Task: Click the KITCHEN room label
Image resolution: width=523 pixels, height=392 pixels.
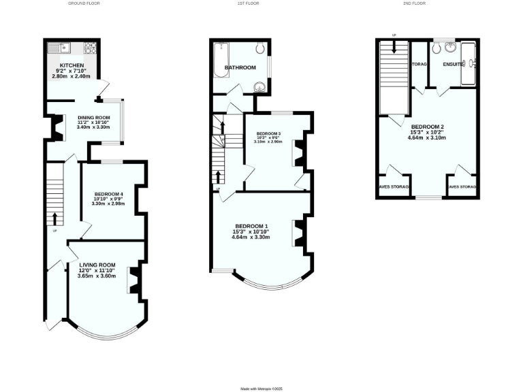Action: click(x=72, y=65)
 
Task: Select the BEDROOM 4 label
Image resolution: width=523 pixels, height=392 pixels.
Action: click(x=108, y=193)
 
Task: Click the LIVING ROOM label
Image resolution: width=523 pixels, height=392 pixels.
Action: click(x=97, y=265)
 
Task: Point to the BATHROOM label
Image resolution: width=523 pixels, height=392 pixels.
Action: click(x=240, y=67)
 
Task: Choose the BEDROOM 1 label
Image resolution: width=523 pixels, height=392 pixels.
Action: click(x=251, y=226)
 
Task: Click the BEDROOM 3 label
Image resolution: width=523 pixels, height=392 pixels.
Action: click(x=268, y=133)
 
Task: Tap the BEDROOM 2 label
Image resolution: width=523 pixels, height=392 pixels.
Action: click(x=428, y=127)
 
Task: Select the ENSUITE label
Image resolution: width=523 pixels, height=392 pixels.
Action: click(x=453, y=64)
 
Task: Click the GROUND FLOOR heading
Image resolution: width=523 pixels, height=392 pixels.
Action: click(x=85, y=3)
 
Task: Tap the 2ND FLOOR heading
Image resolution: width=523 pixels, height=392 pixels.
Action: click(x=414, y=3)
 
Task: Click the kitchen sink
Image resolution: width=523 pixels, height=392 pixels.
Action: click(x=59, y=48)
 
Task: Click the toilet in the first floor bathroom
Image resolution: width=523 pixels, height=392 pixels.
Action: click(x=259, y=48)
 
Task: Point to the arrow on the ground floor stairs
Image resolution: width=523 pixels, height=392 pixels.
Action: click(x=55, y=218)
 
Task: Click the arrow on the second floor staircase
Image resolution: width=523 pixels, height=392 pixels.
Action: click(x=394, y=46)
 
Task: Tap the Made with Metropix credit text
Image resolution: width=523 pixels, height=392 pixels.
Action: click(x=261, y=389)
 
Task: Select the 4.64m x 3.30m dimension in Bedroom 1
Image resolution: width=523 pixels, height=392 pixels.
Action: click(x=251, y=238)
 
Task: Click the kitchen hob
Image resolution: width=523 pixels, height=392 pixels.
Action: click(x=89, y=48)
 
